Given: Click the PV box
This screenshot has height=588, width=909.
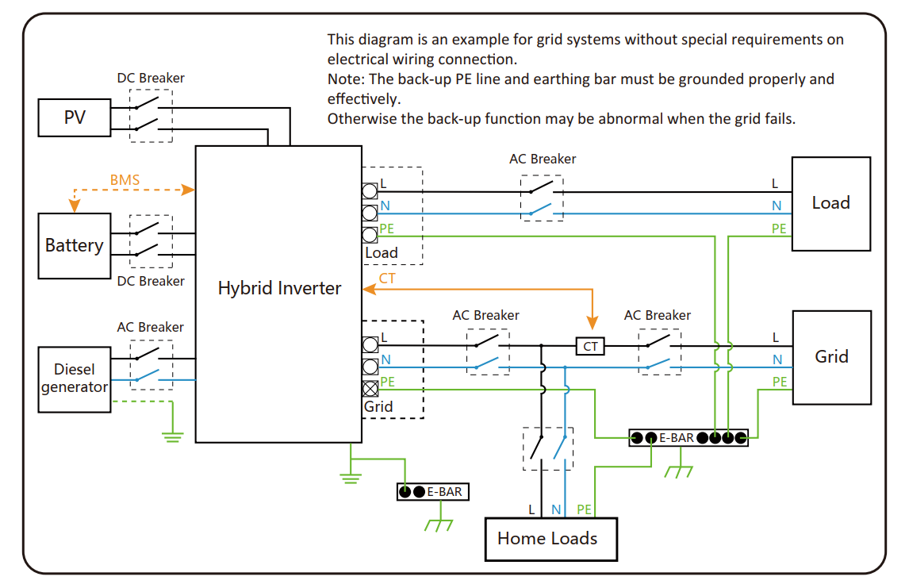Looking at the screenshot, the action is click(75, 117).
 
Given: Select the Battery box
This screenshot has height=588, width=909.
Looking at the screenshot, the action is click(75, 246).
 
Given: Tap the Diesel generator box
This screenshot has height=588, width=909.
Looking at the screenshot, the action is click(75, 379).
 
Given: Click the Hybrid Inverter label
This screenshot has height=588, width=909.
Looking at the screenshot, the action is click(279, 288).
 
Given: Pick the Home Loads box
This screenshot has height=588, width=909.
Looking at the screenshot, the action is click(550, 539).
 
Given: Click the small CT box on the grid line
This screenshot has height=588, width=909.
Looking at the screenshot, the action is click(590, 346).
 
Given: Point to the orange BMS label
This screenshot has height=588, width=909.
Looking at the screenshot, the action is click(125, 180).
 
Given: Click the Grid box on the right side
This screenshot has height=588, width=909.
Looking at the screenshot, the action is click(831, 357).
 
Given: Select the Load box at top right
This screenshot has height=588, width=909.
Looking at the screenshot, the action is click(830, 203).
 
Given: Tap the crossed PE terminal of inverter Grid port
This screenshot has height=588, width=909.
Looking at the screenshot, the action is click(370, 389).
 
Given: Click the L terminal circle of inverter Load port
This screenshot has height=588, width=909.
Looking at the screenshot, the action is click(370, 190).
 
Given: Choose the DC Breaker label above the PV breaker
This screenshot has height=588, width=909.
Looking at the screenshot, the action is click(151, 78).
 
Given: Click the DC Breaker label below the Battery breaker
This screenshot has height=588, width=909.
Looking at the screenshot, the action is click(151, 281).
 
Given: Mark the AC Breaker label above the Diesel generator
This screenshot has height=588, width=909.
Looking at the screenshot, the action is click(150, 327).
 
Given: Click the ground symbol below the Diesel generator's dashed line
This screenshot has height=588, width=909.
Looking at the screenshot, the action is click(173, 437).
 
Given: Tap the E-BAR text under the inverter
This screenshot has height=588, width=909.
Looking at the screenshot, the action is click(445, 492).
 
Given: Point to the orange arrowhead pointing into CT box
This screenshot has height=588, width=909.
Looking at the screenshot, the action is click(592, 323).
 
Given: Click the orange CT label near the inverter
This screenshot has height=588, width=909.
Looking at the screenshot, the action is click(387, 279).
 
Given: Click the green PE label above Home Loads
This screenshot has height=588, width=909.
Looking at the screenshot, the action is click(585, 509).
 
